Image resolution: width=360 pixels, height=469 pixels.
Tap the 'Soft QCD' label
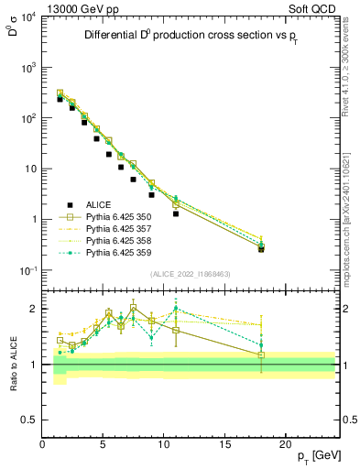click(314, 7)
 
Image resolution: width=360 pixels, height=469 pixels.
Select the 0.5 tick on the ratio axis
click(30, 419)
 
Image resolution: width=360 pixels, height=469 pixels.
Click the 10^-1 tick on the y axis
click(27, 270)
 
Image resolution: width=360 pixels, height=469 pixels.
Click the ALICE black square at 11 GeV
click(176, 213)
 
